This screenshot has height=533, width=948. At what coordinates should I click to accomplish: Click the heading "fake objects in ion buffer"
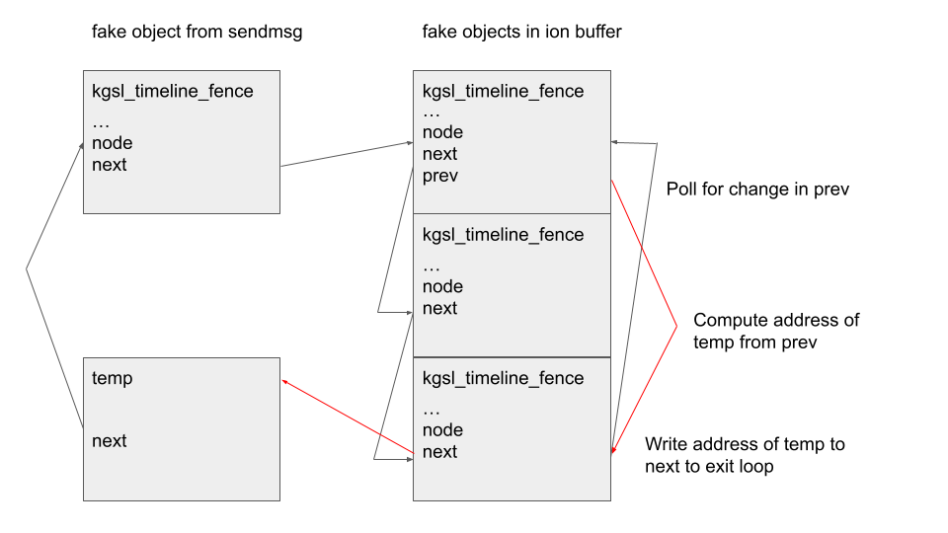521,32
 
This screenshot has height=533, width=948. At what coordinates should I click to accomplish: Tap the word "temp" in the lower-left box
112,378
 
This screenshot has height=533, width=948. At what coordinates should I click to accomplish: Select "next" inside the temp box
110,440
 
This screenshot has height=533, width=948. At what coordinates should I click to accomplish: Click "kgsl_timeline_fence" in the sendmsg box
172,92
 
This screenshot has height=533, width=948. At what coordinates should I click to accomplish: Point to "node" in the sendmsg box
112,143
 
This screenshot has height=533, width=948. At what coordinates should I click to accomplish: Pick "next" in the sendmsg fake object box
110,165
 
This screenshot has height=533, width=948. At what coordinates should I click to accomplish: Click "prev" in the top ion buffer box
440,176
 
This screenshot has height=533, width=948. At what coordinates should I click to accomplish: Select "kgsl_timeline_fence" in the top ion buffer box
503,92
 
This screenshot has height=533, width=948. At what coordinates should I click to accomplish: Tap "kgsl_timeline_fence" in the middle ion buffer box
503,235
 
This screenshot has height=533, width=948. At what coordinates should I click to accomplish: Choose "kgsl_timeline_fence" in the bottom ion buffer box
503,378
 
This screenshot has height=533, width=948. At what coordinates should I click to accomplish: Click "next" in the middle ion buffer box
440,308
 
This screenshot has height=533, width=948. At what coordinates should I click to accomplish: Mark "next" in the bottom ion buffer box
440,451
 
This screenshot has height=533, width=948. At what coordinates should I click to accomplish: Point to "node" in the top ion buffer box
442,132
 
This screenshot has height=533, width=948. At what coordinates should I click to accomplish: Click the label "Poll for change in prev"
757,189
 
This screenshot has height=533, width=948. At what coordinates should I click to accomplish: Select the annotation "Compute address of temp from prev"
776,331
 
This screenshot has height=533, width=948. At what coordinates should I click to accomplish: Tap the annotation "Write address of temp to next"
745,455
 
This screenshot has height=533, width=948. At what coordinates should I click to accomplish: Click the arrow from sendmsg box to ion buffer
346,154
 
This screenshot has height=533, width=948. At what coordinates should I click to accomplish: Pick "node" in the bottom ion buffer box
442,429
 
